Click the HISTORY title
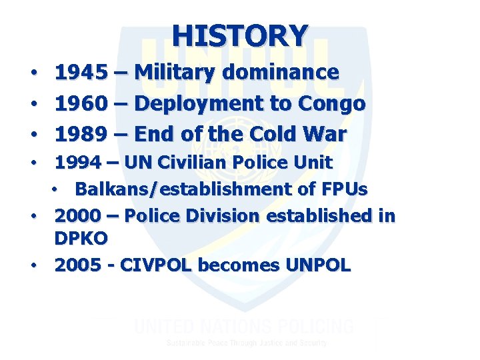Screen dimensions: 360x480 [x=240, y=34]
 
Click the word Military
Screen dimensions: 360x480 [x=177, y=72]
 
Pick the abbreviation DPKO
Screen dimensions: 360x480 [x=81, y=238]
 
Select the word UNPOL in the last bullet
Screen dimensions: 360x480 [x=318, y=265]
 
